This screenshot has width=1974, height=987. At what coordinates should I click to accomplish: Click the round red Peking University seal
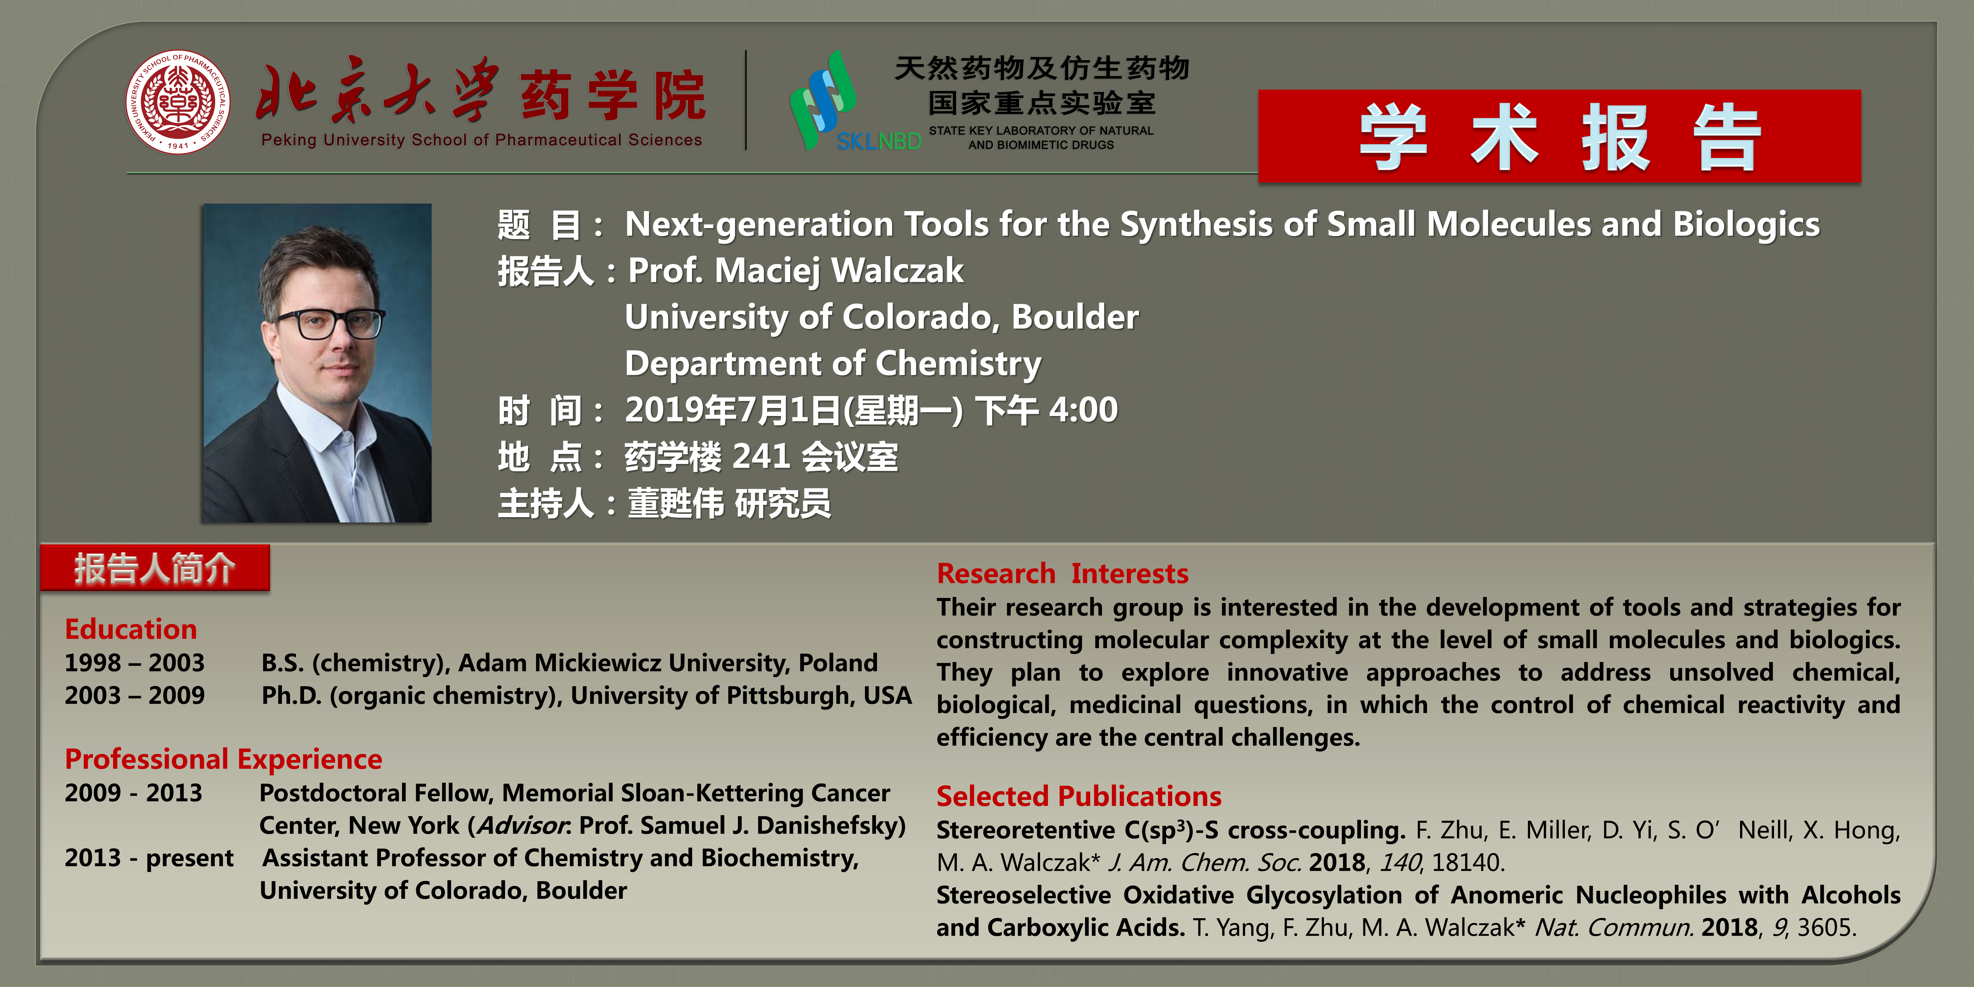(x=178, y=102)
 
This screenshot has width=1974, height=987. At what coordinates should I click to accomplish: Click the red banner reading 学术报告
(x=1559, y=136)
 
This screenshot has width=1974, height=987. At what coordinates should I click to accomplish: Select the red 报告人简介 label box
(x=155, y=568)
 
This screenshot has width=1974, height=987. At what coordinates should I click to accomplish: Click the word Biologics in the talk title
(x=1746, y=224)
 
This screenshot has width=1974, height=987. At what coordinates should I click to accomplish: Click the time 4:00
(x=1084, y=410)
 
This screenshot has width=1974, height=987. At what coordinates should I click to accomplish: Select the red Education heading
(x=131, y=629)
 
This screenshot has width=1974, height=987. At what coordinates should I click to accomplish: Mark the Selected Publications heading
(x=1079, y=796)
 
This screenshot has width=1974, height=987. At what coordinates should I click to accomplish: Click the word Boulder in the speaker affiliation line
(x=1075, y=317)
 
